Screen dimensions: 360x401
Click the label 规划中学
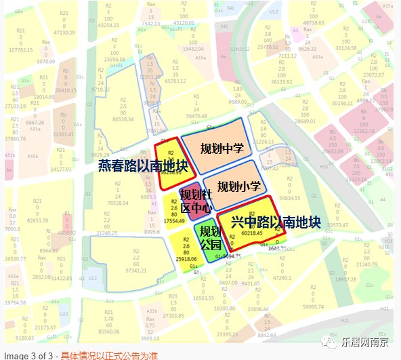tap(221, 148)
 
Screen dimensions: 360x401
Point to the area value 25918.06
tap(185, 259)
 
